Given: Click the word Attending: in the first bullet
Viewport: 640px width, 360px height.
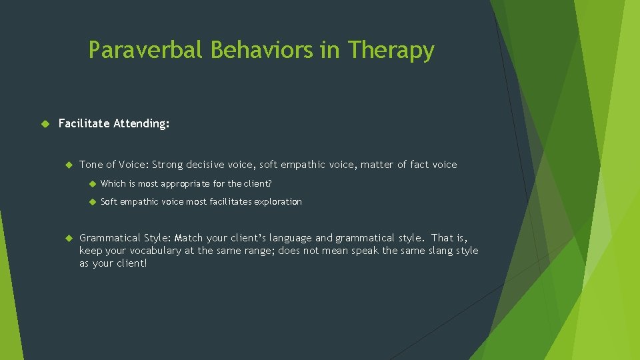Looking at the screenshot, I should click(141, 123).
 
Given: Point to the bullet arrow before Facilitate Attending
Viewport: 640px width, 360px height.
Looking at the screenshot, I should click(45, 123).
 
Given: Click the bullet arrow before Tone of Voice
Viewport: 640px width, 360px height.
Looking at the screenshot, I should click(67, 165).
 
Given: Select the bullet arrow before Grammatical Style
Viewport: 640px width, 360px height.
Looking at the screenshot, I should click(67, 238).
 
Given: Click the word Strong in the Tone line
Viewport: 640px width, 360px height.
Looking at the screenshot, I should click(168, 165).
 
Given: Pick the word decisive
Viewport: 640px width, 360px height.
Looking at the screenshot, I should click(209, 165).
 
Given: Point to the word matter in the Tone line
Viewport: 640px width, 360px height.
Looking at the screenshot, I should click(377, 165).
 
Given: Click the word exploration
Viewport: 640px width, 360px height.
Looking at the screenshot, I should click(277, 202).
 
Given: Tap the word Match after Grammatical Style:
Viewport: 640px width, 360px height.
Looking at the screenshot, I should click(189, 238).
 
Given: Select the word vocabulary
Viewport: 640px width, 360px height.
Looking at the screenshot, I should click(138, 251).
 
